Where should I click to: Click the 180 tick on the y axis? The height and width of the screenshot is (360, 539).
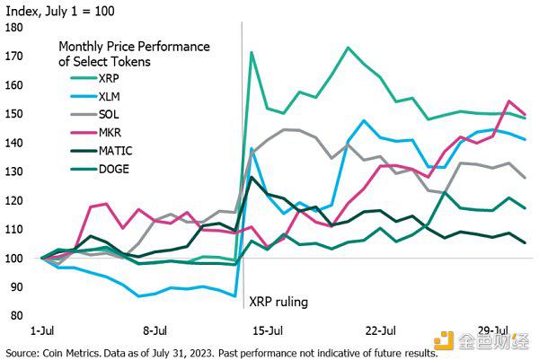14,28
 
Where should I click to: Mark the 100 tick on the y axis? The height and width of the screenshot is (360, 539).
14,259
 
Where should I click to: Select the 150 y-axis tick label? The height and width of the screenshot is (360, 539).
14,114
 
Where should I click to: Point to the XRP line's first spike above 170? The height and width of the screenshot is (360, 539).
252,52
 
